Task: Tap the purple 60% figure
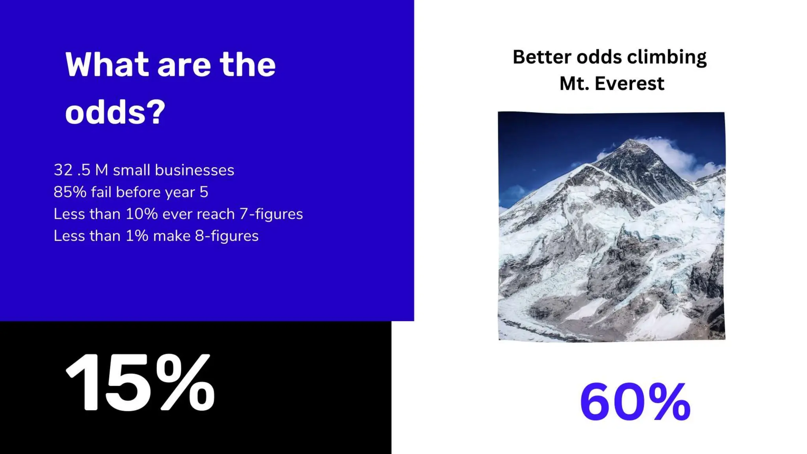[635, 402]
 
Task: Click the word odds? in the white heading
[115, 112]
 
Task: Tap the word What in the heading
[107, 65]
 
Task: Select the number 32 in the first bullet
[63, 170]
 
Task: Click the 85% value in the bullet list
[70, 192]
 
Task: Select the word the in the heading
[247, 65]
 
